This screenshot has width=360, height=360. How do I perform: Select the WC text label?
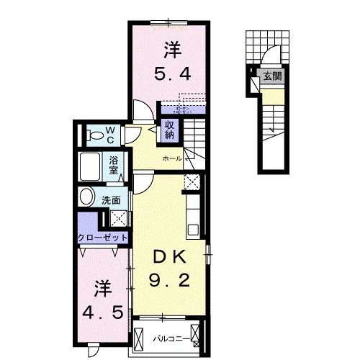pyautogui.click(x=111, y=133)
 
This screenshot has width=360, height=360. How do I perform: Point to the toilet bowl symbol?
pyautogui.click(x=94, y=134)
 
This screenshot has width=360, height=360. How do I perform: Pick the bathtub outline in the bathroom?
pyautogui.click(x=91, y=167)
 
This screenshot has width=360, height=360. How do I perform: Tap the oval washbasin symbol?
pyautogui.click(x=88, y=197)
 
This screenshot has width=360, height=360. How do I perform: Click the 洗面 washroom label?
pyautogui.click(x=111, y=200)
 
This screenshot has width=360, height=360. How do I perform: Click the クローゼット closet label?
pyautogui.click(x=103, y=238)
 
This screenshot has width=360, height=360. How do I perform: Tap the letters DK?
pyautogui.click(x=171, y=256)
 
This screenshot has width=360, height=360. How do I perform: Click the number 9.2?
pyautogui.click(x=170, y=279)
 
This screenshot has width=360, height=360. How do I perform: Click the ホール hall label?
pyautogui.click(x=171, y=158)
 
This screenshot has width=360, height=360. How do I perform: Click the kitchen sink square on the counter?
pyautogui.click(x=193, y=230)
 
